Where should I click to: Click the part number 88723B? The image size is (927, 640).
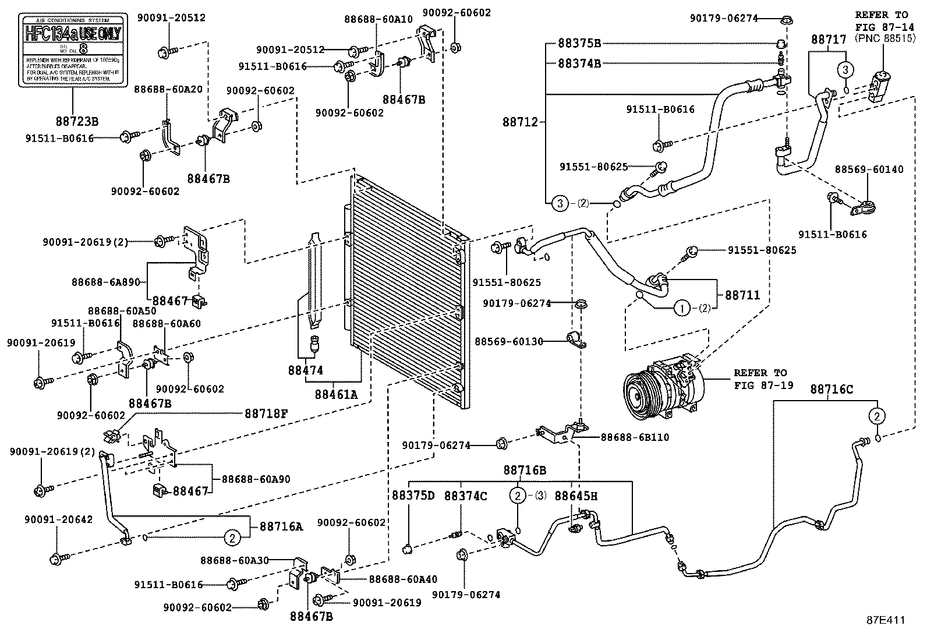77,122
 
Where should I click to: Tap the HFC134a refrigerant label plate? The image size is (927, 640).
73,51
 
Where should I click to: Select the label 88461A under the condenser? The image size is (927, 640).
336,394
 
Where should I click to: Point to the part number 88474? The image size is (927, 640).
305,370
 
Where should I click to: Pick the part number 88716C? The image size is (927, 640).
831,390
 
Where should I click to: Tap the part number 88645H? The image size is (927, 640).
575,496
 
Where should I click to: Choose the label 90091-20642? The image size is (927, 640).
58,519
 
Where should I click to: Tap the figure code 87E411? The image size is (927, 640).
885,621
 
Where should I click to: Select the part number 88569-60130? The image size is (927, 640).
509,341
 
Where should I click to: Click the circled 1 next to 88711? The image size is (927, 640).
681,307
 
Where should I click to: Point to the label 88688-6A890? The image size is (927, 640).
106,282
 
